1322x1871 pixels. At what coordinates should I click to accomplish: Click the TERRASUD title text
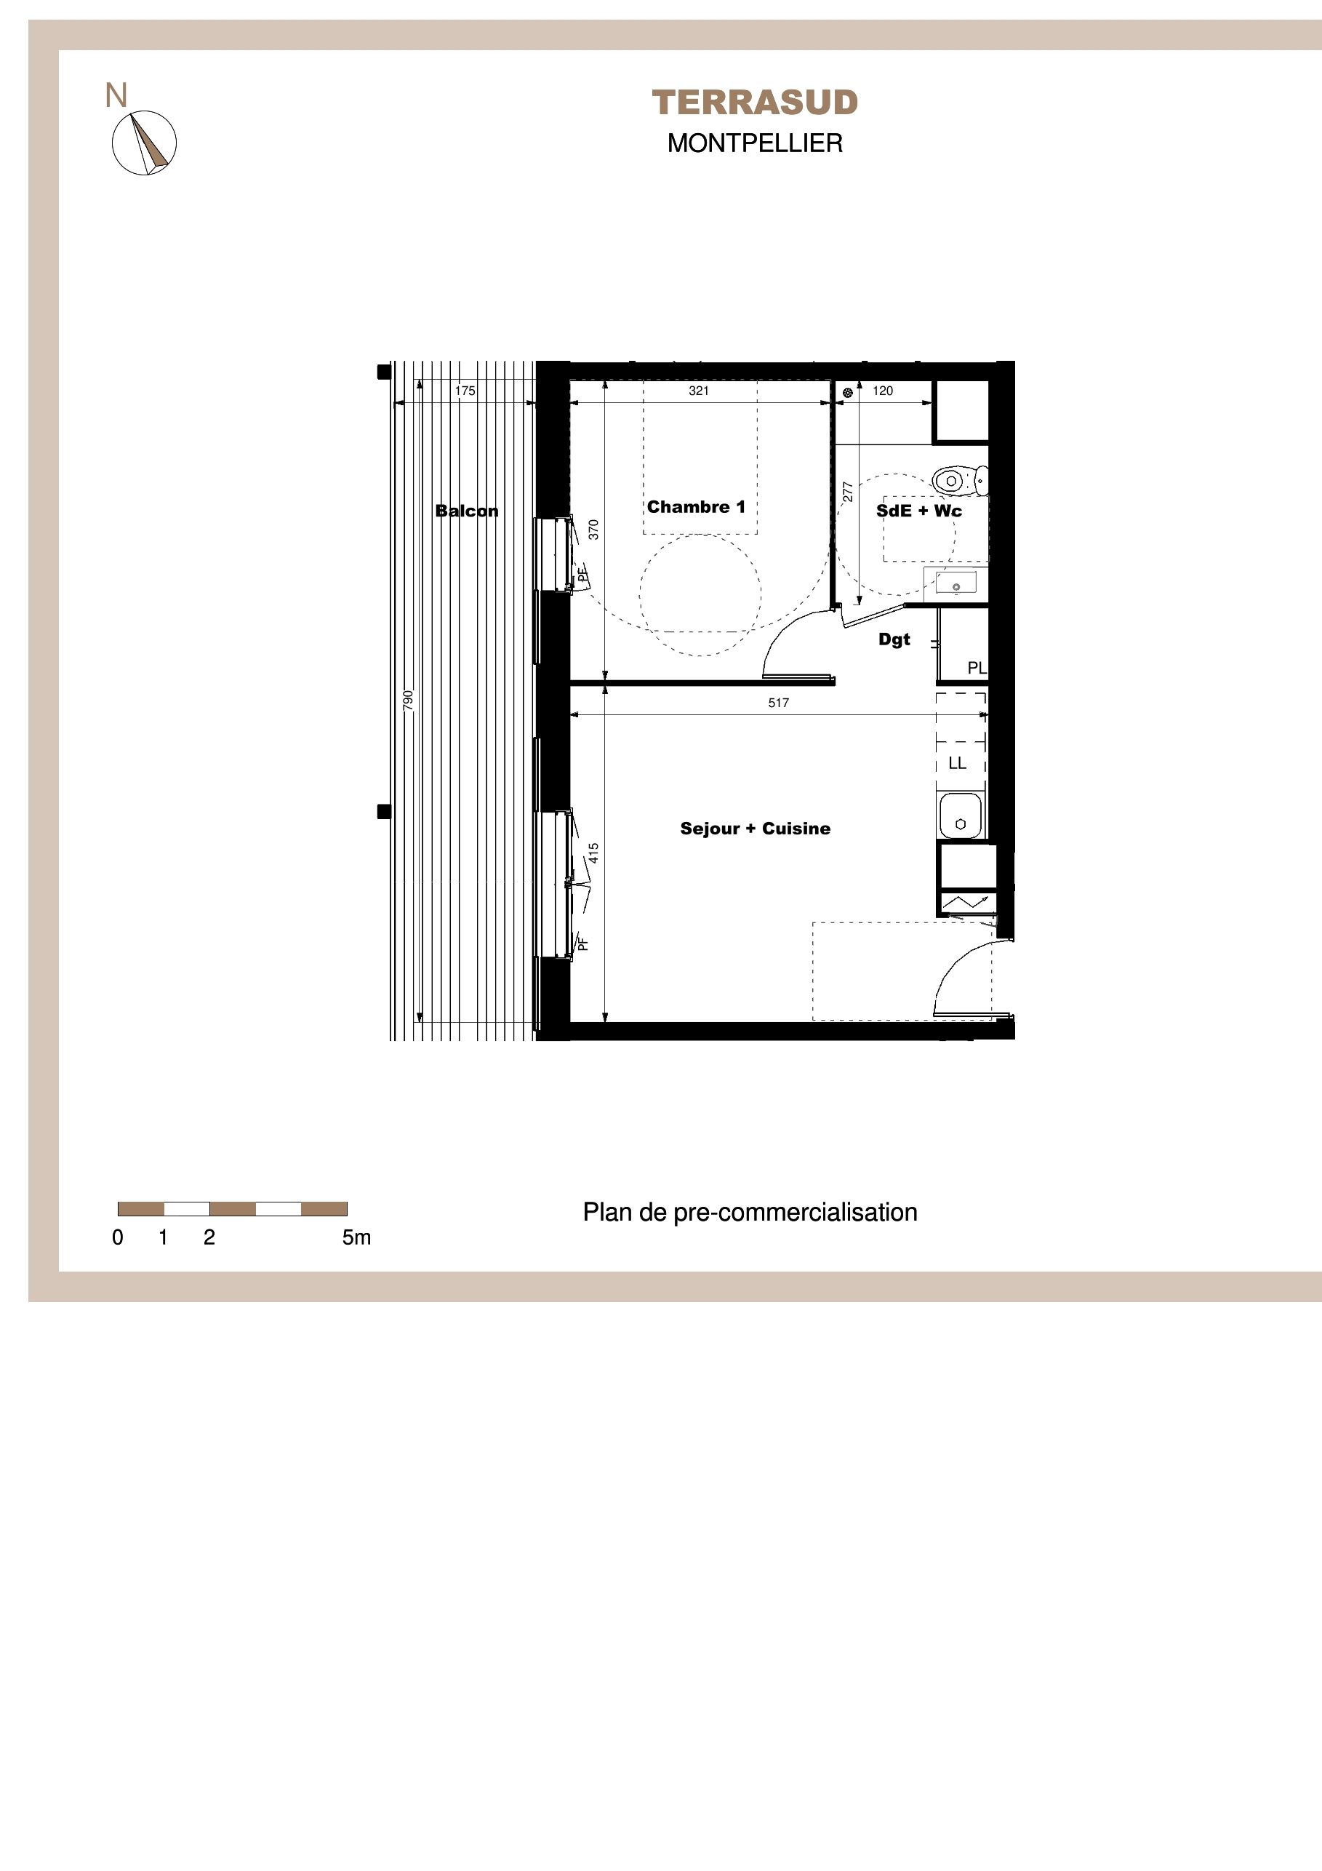point(755,103)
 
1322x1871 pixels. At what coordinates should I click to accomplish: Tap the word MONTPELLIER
point(755,143)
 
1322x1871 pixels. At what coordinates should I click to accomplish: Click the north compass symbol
point(144,143)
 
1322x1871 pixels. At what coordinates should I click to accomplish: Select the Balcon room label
point(467,511)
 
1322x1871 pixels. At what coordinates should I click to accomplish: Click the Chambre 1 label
point(697,507)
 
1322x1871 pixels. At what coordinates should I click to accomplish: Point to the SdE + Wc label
point(919,511)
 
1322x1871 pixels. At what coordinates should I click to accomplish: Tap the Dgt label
point(894,639)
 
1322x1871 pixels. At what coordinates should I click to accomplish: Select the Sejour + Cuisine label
point(755,829)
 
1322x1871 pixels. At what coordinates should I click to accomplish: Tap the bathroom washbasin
point(956,583)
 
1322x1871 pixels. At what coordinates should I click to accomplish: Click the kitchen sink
point(961,816)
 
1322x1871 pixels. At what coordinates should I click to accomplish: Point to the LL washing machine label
point(957,764)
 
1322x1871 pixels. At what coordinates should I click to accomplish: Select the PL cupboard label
point(977,669)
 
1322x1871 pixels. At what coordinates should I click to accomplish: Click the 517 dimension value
point(779,703)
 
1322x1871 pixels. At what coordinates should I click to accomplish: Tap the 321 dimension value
point(699,391)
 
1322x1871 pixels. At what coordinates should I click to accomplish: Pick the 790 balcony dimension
point(409,700)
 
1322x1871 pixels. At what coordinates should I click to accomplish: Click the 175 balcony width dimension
point(465,391)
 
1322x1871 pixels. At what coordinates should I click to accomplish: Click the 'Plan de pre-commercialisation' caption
point(750,1213)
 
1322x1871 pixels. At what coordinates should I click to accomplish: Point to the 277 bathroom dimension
point(848,492)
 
